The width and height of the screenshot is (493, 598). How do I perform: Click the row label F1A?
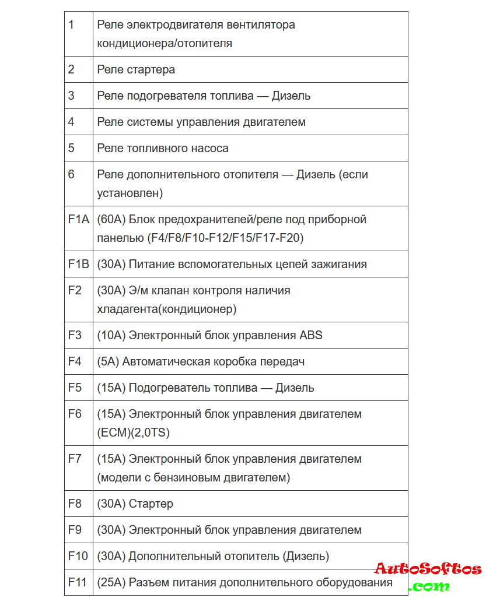point(78,220)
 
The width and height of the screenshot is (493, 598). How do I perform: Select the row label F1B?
point(78,264)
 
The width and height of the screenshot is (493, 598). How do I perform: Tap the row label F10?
point(78,556)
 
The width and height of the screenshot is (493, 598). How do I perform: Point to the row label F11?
point(78,582)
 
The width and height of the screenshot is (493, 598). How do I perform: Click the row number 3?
point(71,96)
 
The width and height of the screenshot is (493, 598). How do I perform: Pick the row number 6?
point(71,174)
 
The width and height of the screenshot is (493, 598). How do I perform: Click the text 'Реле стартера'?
point(136,69)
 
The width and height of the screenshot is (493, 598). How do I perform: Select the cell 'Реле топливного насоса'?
point(163,148)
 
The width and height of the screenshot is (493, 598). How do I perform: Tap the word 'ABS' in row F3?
point(311,335)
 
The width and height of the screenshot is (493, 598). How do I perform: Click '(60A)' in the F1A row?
point(111,220)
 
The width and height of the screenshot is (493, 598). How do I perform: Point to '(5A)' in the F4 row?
point(108,361)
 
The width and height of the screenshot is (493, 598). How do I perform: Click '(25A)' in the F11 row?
point(111,582)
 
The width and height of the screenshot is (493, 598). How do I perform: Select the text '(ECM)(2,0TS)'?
point(134,432)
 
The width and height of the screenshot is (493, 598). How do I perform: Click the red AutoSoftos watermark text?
point(428,569)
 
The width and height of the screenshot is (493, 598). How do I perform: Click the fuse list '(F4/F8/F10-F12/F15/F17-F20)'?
point(200,238)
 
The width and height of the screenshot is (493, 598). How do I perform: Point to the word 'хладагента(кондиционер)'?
point(167,309)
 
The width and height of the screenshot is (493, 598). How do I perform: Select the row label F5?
point(75,388)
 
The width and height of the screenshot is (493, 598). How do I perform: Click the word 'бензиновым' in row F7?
point(193,477)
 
